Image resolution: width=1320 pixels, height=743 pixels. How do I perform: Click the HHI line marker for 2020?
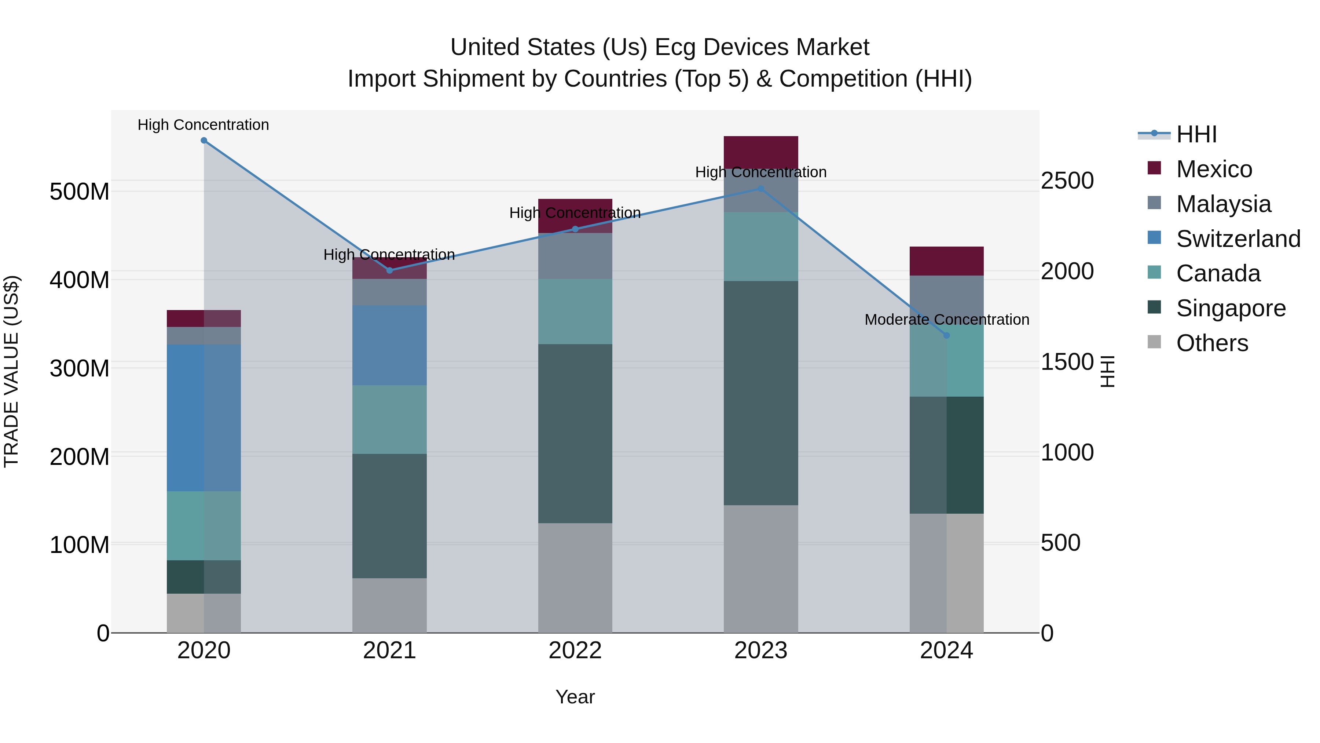[x=204, y=141]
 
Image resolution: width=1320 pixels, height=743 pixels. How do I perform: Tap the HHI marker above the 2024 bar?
[x=946, y=335]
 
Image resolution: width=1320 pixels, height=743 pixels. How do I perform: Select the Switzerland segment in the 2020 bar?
[x=204, y=418]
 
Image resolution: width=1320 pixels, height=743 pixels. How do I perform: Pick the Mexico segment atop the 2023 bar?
[x=761, y=152]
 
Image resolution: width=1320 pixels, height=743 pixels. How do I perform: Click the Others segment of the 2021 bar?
[x=389, y=605]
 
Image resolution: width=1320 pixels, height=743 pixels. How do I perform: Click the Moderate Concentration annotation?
[x=946, y=320]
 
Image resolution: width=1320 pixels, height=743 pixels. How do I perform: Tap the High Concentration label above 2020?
[x=203, y=125]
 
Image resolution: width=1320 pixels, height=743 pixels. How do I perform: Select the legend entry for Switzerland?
[x=1237, y=239]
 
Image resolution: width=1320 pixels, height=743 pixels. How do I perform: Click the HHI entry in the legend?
[x=1196, y=134]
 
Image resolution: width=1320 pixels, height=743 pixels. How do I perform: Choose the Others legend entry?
[x=1212, y=343]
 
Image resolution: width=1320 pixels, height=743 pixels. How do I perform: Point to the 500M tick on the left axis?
[x=80, y=192]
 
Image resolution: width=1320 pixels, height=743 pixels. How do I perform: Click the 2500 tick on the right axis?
[x=1067, y=181]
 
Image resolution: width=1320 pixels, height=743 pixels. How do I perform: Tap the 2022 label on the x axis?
[x=575, y=651]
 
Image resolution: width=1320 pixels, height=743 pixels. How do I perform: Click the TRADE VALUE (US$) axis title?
[x=12, y=371]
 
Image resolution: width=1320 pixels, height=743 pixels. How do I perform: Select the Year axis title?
[x=575, y=697]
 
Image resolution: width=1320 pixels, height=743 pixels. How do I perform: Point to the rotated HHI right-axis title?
[x=1108, y=371]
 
